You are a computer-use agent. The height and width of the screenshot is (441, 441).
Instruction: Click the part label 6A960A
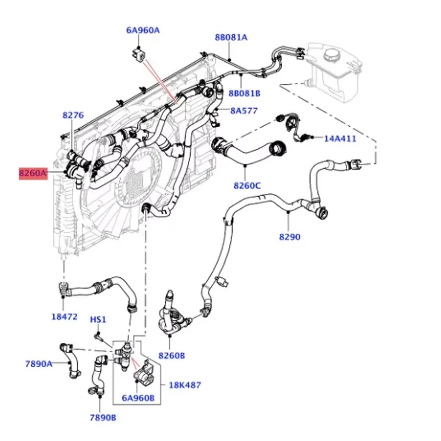[x=143, y=30]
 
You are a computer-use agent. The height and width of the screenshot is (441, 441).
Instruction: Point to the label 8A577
[x=244, y=111]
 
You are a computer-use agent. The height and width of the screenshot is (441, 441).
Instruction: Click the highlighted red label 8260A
[x=34, y=174]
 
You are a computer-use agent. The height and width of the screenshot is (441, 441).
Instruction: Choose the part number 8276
[x=73, y=115]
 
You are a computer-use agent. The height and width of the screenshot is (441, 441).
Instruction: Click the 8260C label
[x=247, y=185]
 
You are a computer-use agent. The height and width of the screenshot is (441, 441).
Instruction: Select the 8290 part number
[x=289, y=237]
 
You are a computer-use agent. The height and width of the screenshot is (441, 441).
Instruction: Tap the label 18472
[x=64, y=317]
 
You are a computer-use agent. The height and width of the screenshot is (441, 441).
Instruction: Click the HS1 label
[x=98, y=320]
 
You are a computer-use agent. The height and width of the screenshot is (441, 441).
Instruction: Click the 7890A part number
[x=39, y=363]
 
